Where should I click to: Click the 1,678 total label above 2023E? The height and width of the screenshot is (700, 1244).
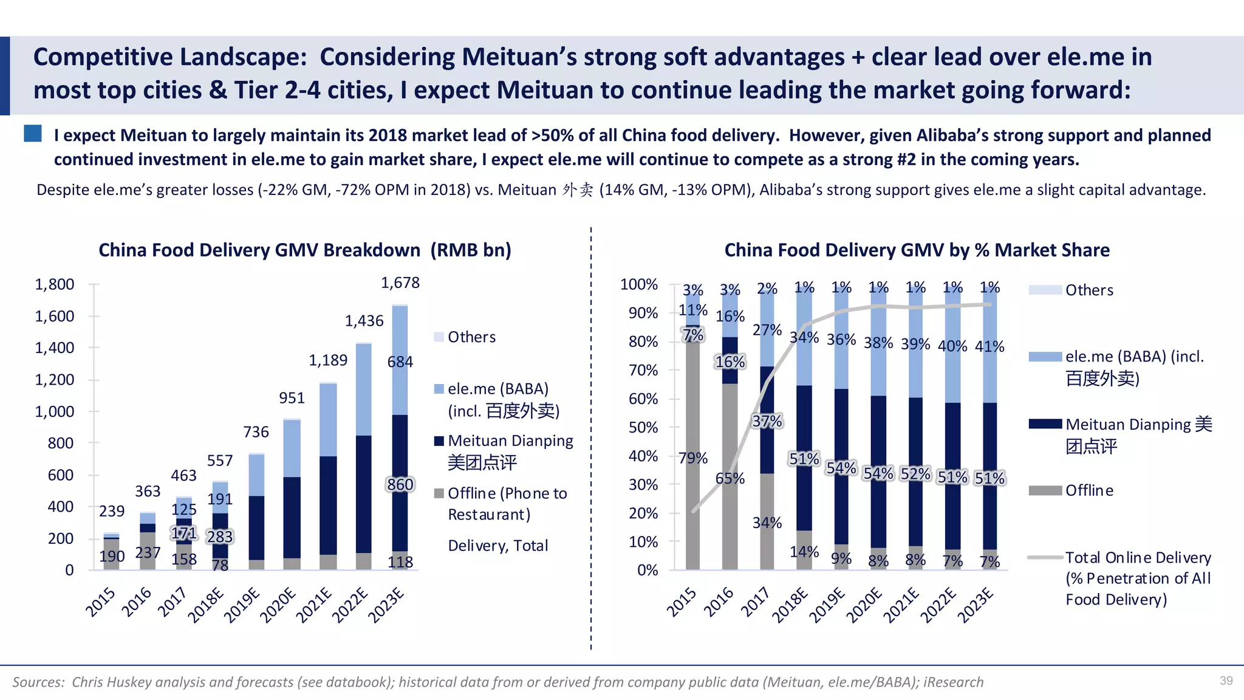(400, 283)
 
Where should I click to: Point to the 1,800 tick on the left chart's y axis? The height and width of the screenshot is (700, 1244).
(55, 284)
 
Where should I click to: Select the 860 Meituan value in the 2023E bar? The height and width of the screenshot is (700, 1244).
(400, 484)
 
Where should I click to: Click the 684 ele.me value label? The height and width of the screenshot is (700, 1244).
(400, 362)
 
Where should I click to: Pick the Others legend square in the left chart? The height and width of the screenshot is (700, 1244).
(439, 337)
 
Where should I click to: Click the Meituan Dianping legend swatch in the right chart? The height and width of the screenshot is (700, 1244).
(1045, 424)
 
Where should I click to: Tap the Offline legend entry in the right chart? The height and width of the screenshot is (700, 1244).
(1088, 490)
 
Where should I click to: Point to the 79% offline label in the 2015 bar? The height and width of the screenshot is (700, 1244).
(693, 458)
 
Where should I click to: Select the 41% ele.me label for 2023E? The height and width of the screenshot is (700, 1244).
(989, 346)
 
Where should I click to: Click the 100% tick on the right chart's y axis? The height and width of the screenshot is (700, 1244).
(639, 284)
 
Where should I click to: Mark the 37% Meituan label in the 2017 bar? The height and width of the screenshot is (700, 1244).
(767, 421)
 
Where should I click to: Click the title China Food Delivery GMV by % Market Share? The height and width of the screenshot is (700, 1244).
(917, 250)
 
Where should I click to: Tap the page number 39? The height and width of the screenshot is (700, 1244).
(1226, 681)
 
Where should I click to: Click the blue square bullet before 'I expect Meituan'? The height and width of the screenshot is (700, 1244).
(33, 134)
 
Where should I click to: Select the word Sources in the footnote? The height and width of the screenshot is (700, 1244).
(38, 682)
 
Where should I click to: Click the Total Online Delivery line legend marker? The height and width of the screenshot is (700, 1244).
(1045, 557)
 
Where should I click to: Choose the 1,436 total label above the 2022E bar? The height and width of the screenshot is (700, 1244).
(364, 321)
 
